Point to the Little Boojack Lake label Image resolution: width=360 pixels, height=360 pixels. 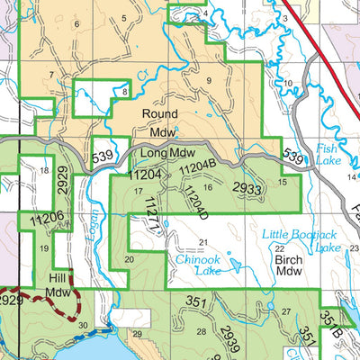click(x=301, y=241)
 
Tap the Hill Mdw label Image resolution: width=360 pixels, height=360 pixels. click(x=58, y=285)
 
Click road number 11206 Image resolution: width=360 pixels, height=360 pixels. click(x=46, y=218)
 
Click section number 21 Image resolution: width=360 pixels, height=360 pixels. click(x=203, y=242)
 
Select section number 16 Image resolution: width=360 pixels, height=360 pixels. click(x=208, y=187)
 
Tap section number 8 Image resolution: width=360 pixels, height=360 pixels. click(x=124, y=91)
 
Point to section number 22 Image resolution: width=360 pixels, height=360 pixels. click(x=279, y=248)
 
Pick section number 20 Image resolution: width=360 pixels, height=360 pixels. click(x=129, y=259)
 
